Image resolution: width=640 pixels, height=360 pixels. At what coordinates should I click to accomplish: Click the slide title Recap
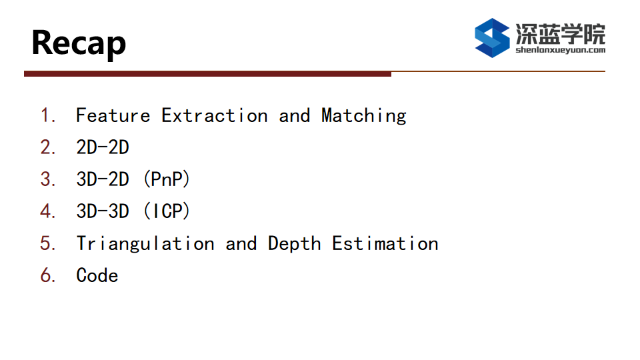click(x=79, y=44)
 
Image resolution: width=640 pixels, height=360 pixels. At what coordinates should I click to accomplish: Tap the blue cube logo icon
click(x=492, y=37)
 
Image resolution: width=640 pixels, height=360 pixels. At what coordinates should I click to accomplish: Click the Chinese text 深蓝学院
click(x=561, y=34)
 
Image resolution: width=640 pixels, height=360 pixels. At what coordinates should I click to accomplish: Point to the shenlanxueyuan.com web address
click(x=561, y=50)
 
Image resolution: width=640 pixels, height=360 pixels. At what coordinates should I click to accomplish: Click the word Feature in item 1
click(x=113, y=115)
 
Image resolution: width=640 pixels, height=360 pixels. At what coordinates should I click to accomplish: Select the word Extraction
click(x=215, y=115)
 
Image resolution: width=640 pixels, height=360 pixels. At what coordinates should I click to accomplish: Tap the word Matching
click(x=364, y=116)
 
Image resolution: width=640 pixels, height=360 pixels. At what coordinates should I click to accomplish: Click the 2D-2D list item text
click(x=103, y=147)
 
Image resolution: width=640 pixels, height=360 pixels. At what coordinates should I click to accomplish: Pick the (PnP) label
click(x=167, y=179)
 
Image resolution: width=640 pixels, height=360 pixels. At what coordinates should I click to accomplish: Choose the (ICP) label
click(x=167, y=211)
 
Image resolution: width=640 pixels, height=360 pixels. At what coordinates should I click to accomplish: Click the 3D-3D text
click(x=103, y=211)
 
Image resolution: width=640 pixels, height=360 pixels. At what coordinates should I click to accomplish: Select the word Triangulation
click(x=145, y=244)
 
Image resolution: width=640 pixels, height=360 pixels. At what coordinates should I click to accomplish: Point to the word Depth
click(x=294, y=244)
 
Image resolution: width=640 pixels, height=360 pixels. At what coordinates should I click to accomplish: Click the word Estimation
click(x=385, y=243)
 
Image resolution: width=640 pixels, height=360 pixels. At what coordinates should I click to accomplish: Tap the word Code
click(x=97, y=275)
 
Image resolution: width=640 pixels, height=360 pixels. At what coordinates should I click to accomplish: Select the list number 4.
click(x=48, y=211)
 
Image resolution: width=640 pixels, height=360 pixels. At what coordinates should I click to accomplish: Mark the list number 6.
click(x=48, y=275)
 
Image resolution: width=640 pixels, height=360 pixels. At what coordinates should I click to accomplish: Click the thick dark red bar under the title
click(x=208, y=74)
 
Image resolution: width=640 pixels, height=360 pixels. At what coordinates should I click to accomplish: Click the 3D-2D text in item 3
click(x=103, y=179)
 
